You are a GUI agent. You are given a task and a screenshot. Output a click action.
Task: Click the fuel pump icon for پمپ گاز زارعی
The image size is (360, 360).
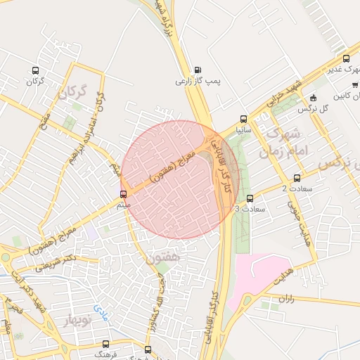coord(198,69)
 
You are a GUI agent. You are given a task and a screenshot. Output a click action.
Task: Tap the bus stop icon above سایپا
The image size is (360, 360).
coord(243,119)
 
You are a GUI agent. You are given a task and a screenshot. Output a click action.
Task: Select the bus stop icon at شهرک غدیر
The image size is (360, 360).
coord(346,58)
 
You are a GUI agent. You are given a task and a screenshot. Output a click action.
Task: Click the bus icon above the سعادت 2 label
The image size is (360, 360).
coord(297,178)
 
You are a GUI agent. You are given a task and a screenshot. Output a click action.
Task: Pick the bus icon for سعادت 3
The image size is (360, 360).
coord(250,198)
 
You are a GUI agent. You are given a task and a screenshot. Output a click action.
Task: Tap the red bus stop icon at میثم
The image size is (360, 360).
coord(124,193)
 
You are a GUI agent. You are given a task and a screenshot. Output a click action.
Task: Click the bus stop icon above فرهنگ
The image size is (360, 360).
coord(105,344)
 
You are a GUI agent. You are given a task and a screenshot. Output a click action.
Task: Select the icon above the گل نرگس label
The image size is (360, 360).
coord(314,98)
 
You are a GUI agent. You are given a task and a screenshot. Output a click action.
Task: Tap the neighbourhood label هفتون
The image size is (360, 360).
coord(166,259)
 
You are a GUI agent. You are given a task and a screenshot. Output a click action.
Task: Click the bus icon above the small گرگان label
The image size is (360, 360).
coord(36,70)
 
